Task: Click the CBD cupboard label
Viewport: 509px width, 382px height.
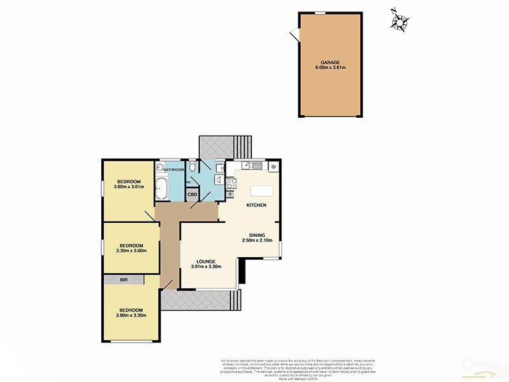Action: pos(192,195)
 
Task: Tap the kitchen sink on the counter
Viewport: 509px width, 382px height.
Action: pos(249,166)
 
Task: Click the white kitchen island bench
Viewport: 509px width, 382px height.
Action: pos(261,190)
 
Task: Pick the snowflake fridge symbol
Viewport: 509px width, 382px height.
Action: pos(272,167)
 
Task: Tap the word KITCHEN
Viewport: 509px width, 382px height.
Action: pos(256,206)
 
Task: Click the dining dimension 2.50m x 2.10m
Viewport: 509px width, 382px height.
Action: pos(257,241)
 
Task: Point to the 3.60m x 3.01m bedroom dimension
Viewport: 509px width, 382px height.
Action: pos(129,187)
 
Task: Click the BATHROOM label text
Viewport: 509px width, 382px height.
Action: pos(174,170)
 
